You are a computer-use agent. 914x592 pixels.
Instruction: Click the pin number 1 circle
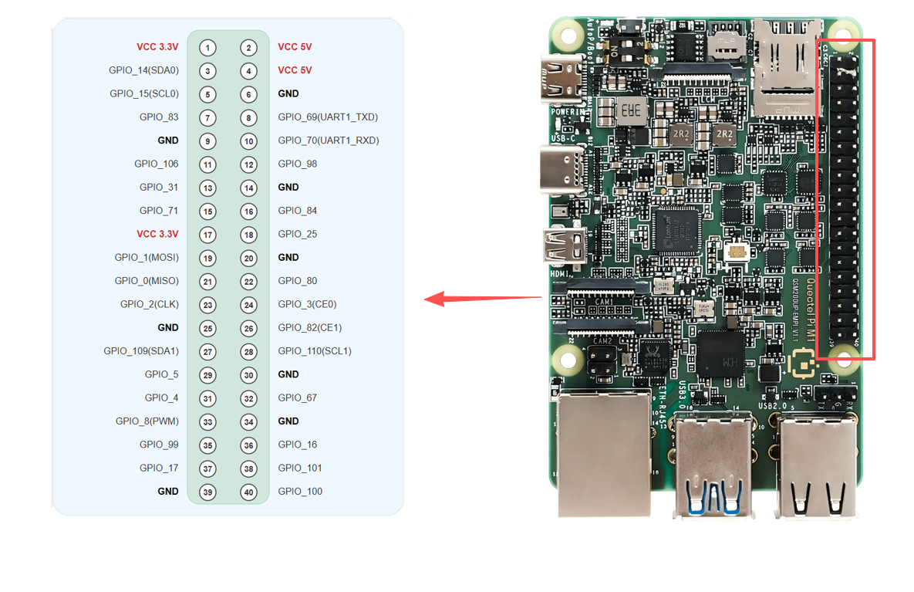207,47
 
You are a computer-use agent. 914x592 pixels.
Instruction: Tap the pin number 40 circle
248,492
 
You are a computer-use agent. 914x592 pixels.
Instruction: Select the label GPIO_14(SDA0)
143,70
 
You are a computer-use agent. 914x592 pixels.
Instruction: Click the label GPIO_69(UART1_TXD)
328,117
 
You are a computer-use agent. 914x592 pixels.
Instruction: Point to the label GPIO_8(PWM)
147,421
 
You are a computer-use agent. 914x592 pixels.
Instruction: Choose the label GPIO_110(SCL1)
315,351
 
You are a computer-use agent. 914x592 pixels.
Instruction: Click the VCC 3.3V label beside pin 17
157,234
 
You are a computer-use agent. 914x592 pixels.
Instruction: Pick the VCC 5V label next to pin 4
295,70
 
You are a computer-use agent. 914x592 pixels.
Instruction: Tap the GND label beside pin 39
168,492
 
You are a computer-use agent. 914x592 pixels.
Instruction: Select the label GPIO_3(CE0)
307,304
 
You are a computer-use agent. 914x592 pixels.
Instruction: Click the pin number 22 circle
248,281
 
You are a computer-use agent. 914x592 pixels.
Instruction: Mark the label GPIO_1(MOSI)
147,257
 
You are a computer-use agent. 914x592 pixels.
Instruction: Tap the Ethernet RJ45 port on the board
604,452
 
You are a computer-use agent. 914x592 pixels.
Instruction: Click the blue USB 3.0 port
713,463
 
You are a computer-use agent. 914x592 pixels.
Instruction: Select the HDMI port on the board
566,246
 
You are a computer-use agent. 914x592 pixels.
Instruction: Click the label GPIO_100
300,492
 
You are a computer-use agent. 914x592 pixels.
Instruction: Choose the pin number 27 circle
207,351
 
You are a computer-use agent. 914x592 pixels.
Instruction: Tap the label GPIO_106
156,164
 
